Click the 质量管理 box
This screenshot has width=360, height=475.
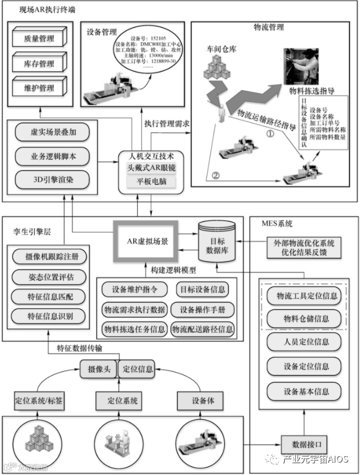coord(39,39)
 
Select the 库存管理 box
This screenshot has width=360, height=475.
coord(39,64)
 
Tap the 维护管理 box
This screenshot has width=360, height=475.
coord(39,88)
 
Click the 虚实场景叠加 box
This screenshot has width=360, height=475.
coord(52,133)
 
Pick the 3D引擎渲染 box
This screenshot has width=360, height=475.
coord(52,181)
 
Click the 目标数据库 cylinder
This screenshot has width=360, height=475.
coord(218,243)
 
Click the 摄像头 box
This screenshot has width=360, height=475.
coord(97,370)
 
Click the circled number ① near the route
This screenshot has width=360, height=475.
coord(269,135)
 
